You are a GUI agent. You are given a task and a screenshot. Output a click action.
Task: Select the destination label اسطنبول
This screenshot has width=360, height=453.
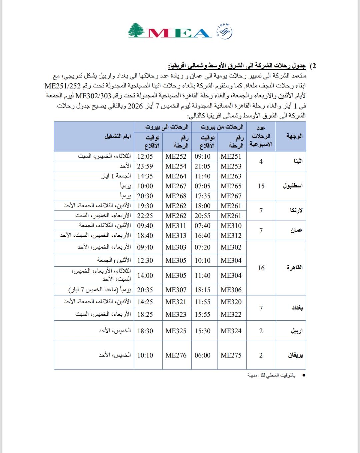[x=293, y=186]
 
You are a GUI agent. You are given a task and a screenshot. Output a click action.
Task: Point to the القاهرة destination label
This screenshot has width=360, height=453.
[x=295, y=268]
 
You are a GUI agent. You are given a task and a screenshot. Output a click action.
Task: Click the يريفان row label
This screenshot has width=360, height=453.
[x=295, y=355]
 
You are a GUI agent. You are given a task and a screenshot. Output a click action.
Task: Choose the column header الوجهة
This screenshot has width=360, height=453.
[x=295, y=136]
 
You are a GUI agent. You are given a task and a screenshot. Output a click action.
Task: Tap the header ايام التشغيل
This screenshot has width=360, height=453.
[x=118, y=136]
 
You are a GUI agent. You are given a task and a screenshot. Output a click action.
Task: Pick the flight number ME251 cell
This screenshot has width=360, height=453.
[x=231, y=156]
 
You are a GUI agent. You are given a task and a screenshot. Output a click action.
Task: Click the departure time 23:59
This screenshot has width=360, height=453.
[x=145, y=166]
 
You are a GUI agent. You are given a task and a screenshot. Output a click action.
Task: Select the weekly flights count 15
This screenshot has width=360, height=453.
[x=261, y=186]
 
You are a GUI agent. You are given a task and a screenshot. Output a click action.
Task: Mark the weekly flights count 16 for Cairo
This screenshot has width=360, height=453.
[x=261, y=268]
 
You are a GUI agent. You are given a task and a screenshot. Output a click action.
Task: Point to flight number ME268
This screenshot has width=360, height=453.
[x=176, y=196]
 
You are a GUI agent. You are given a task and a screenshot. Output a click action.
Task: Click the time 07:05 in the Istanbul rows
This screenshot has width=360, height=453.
[x=203, y=186]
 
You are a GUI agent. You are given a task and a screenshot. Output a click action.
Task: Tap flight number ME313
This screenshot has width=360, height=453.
[x=176, y=235]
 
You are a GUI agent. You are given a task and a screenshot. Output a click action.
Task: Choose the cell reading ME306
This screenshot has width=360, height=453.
[x=231, y=290]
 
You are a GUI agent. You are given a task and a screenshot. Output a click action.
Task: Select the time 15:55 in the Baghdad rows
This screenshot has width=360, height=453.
[x=203, y=314]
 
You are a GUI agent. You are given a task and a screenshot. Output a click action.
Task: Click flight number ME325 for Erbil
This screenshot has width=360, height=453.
[x=176, y=331]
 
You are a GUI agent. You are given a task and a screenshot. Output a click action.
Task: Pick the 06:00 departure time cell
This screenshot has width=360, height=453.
[x=203, y=355]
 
